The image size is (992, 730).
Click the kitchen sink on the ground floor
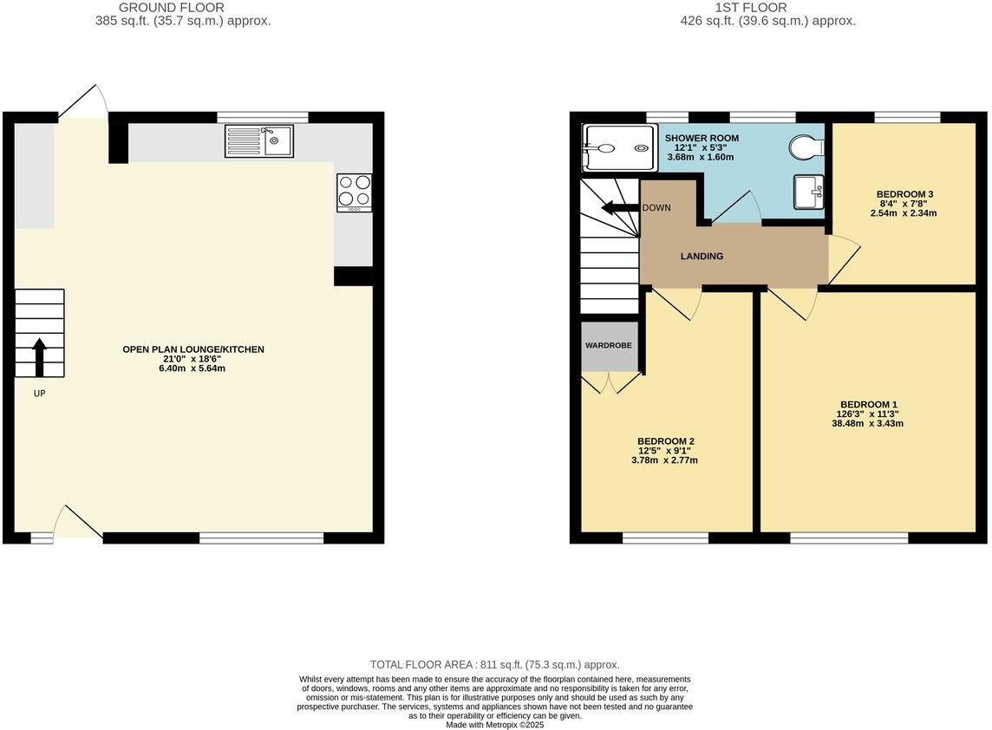coord(259,141)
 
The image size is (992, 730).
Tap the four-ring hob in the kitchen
coord(354,193)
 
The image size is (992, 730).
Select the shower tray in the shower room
coord(620,147)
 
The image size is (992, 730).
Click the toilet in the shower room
coord(806,147)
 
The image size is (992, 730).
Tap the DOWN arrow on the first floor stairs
coord(620,208)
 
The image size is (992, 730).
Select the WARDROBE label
coord(609,345)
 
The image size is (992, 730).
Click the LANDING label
coord(702,256)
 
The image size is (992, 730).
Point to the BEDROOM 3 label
coord(904,194)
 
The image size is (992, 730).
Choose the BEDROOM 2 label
coord(665,440)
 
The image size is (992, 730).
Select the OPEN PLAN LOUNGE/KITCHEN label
coord(193,349)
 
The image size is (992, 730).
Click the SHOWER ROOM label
coord(702,138)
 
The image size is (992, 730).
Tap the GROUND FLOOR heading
coord(171,8)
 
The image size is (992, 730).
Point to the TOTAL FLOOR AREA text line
coord(495,665)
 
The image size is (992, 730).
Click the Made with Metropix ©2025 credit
coord(495,724)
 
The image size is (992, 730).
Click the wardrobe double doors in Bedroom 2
coord(610,383)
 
